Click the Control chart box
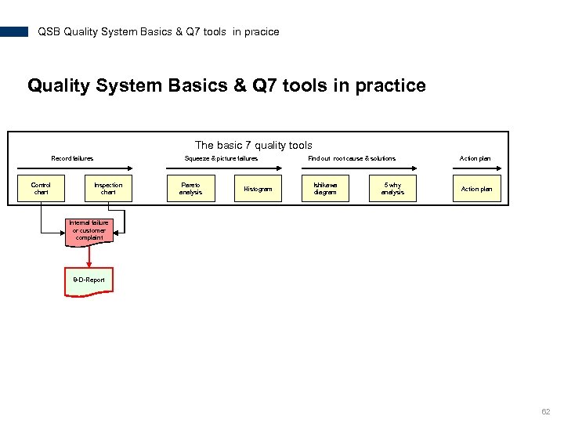point(41,189)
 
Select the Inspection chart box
point(108,189)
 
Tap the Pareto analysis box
point(190,189)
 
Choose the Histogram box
point(258,189)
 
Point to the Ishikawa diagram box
point(325,189)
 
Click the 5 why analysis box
point(392,189)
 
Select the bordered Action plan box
point(476,189)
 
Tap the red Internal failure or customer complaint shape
point(89,231)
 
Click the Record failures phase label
point(72,158)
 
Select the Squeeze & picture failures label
point(221,158)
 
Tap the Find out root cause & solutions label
point(352,158)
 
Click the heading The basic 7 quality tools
point(253,145)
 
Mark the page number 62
point(546,412)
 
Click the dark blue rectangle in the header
point(14,32)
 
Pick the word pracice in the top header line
point(262,32)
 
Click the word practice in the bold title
point(390,85)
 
